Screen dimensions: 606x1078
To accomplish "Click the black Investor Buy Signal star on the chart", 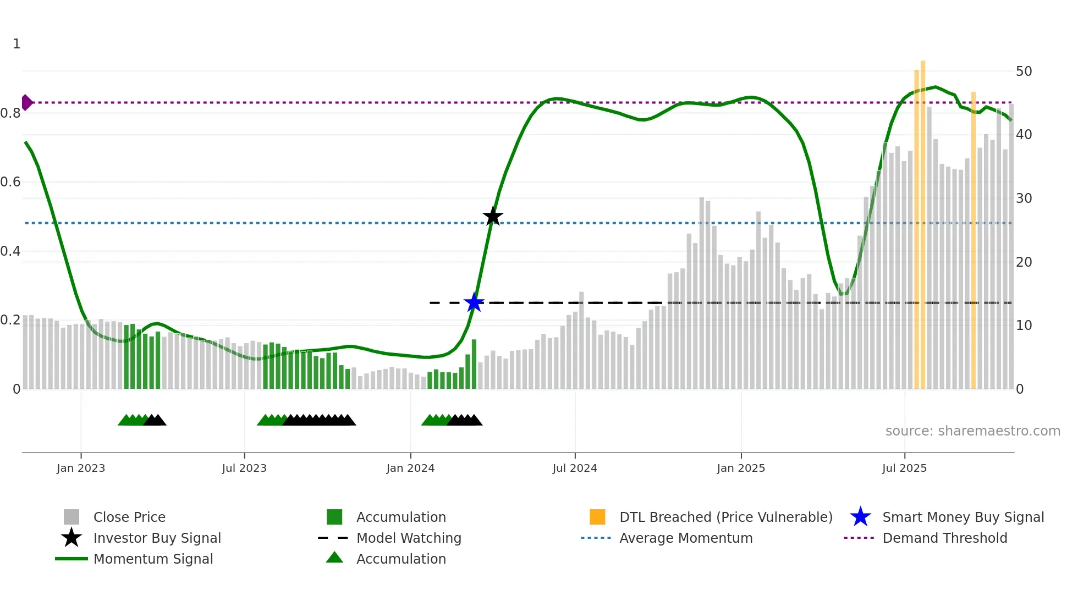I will (x=493, y=216).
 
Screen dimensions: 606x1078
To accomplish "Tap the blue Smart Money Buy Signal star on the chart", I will (x=474, y=302).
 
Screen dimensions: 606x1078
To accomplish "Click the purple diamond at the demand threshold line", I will (x=26, y=102).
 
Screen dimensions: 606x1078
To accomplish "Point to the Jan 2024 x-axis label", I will (x=410, y=468).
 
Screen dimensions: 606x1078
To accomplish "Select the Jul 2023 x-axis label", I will (x=244, y=468).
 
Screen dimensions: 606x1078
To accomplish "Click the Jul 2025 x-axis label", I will (x=904, y=468).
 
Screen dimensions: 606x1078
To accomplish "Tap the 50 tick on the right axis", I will (x=1024, y=71).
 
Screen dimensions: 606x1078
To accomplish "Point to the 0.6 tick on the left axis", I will (x=11, y=182).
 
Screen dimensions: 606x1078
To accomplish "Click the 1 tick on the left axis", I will (x=16, y=44).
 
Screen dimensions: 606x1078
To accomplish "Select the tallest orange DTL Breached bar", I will (x=923, y=220).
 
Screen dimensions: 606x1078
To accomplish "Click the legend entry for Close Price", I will (x=129, y=517).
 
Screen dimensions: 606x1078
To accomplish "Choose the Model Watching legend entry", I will (x=408, y=538).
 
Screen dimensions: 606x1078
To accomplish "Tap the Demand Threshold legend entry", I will (x=944, y=538).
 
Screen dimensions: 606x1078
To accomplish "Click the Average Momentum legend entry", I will (x=685, y=538).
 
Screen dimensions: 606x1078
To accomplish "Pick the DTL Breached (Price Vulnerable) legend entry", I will (x=725, y=517).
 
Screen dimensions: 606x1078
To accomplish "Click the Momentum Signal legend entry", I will (x=153, y=559).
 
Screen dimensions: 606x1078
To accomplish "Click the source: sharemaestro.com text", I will (x=972, y=431).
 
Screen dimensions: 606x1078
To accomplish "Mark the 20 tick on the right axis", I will (x=1024, y=262).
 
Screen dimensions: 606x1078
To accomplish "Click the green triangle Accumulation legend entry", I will (x=400, y=559).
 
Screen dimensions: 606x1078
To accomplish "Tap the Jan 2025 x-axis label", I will (x=741, y=468).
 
